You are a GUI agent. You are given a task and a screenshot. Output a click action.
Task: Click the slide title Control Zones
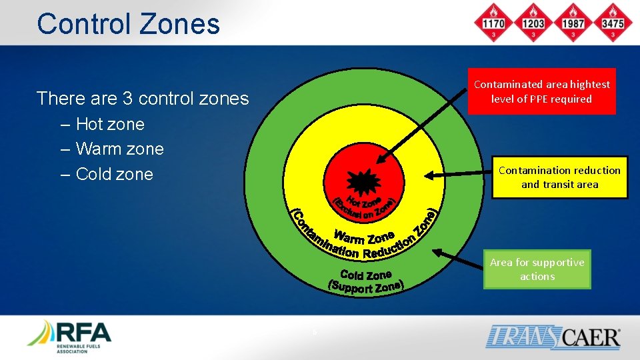click(x=128, y=24)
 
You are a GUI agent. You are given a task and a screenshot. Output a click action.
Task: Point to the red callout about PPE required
click(x=541, y=91)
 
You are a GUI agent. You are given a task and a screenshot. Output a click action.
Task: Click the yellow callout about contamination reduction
click(x=559, y=177)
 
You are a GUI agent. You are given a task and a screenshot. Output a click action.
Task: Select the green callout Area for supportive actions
click(x=537, y=269)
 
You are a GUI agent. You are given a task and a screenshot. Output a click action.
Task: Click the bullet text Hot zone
click(x=110, y=124)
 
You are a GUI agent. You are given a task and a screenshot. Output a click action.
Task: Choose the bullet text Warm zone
click(x=119, y=149)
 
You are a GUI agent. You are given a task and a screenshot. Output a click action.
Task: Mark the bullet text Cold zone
click(x=114, y=174)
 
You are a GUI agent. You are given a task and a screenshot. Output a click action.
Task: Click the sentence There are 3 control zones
click(x=143, y=99)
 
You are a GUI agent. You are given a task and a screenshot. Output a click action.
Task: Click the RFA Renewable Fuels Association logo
click(x=69, y=336)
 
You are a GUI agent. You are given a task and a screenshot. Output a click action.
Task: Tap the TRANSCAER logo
click(x=553, y=336)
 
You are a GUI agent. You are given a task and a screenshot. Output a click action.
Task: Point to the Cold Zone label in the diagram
click(x=365, y=274)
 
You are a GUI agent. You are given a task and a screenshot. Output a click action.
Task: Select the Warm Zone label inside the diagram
click(x=364, y=237)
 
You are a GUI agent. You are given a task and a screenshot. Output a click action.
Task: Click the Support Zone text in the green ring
click(x=366, y=287)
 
